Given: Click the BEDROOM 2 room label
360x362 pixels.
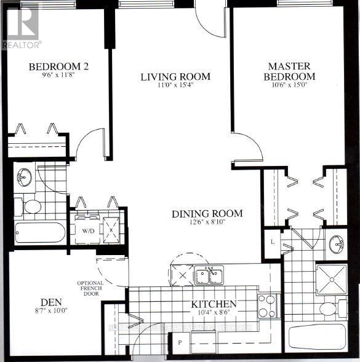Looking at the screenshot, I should click(60, 66).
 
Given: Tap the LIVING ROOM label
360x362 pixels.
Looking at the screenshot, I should click(175, 77).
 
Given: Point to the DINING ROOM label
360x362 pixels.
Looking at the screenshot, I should click(207, 214).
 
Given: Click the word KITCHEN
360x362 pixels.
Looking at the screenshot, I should click(214, 304).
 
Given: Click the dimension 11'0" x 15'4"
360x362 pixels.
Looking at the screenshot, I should click(175, 87).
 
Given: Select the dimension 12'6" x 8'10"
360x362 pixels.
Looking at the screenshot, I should click(207, 224).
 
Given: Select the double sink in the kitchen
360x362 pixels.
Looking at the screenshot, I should click(209, 276).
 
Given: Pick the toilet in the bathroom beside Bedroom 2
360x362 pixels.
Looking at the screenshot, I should click(30, 207).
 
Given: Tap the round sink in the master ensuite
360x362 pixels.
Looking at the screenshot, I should click(337, 244).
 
